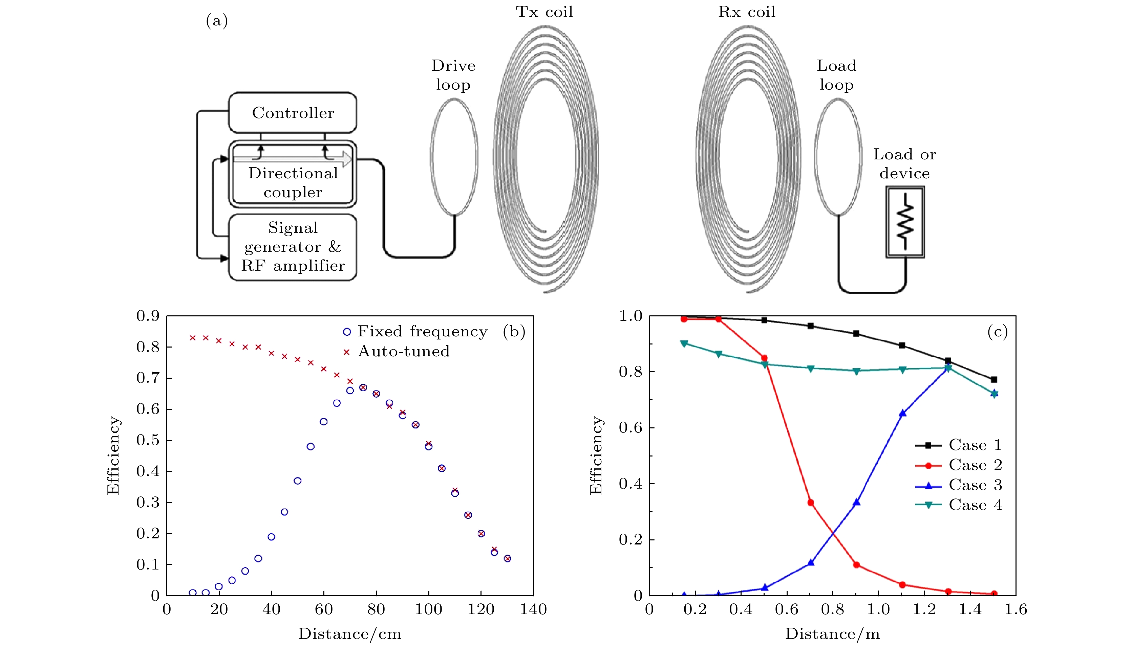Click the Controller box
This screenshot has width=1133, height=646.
click(x=293, y=113)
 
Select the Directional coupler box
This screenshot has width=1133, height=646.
click(x=293, y=182)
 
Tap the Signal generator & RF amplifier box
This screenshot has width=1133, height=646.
click(x=293, y=247)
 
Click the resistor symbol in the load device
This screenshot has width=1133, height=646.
click(x=905, y=221)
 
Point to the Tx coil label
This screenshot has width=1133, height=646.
click(x=544, y=12)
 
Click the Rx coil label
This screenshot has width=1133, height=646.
click(x=747, y=12)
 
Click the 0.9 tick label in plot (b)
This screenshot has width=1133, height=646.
click(x=148, y=316)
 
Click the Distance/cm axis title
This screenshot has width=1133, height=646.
click(x=350, y=633)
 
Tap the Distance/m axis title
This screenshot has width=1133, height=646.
click(x=832, y=633)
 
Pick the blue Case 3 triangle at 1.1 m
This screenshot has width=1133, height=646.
click(x=902, y=413)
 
